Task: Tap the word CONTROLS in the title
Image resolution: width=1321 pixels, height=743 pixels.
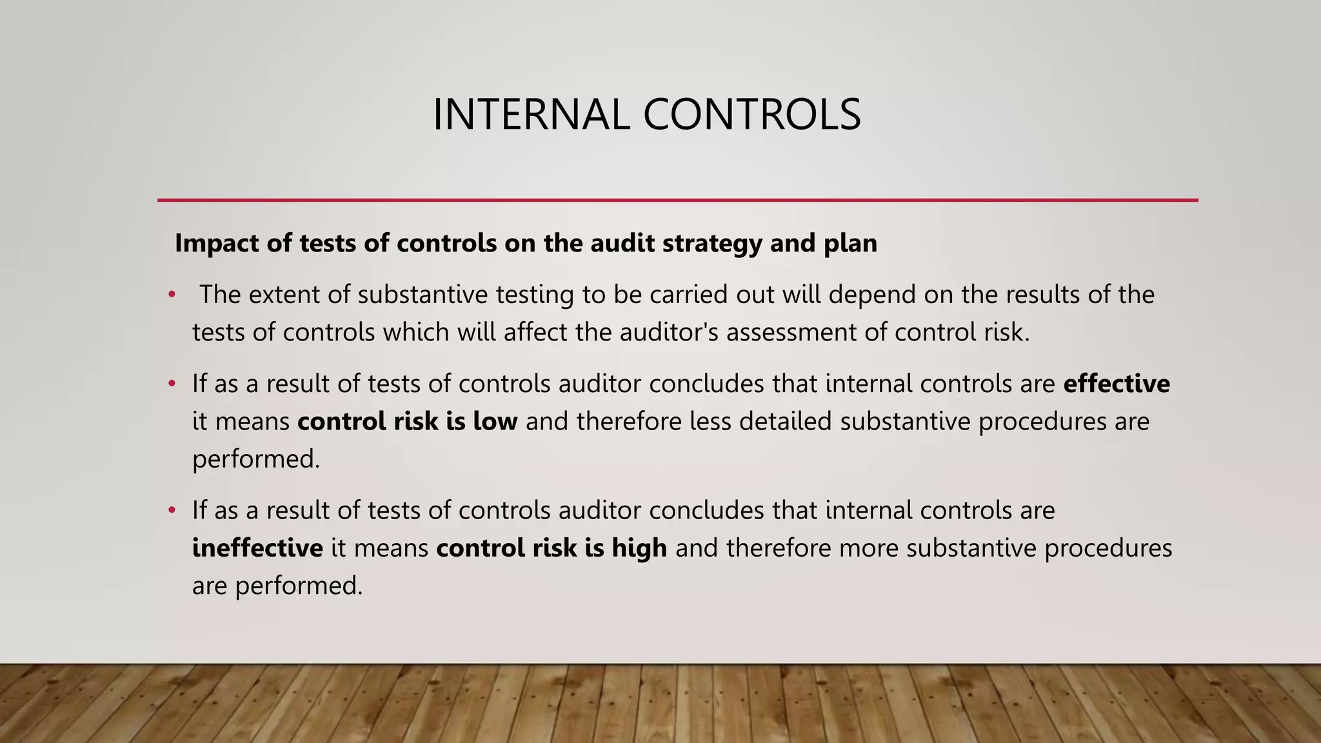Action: (751, 115)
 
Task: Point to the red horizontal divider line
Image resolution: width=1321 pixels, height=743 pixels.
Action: (677, 201)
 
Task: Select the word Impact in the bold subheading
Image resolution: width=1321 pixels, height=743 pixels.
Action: (215, 244)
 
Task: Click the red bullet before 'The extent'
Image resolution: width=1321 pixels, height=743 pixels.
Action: (172, 295)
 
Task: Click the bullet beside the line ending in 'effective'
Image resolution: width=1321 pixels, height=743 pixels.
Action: (172, 384)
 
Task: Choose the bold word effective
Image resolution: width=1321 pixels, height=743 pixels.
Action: (1116, 384)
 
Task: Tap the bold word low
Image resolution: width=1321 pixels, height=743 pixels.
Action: (495, 422)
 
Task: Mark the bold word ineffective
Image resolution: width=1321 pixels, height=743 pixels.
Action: (257, 548)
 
